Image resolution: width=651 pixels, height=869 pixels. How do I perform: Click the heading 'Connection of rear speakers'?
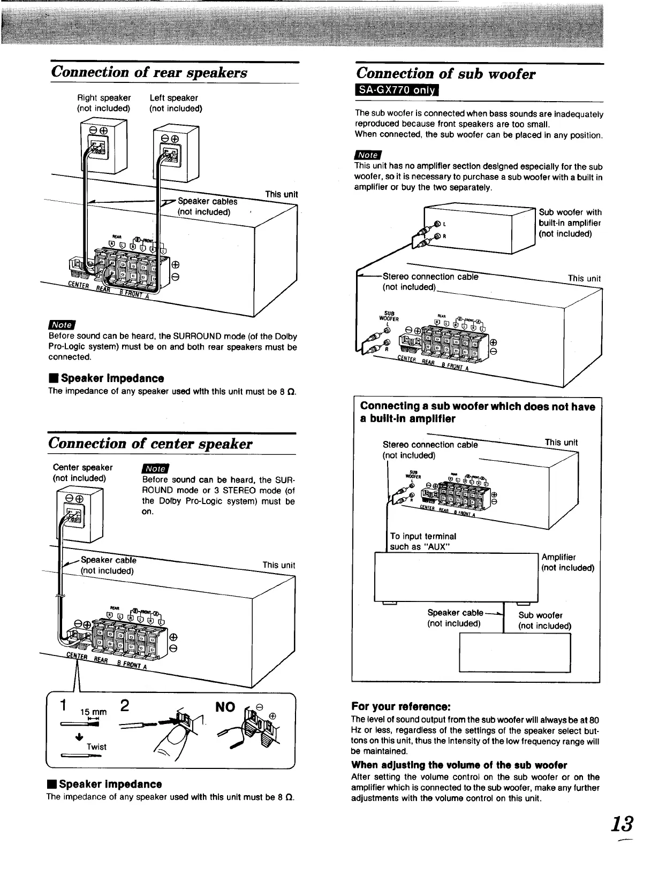(149, 72)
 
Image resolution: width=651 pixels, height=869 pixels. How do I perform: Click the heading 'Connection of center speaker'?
(150, 444)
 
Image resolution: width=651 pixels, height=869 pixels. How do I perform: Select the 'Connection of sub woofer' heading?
(446, 74)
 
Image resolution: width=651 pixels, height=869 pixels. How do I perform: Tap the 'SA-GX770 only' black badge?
(397, 90)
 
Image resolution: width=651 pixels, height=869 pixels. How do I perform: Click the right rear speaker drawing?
(103, 145)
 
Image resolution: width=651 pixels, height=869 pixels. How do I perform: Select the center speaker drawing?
(80, 515)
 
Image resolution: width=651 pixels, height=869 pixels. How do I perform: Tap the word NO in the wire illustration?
(225, 707)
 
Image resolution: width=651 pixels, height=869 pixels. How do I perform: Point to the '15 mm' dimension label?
(93, 712)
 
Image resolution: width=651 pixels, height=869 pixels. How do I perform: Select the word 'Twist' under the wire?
(96, 746)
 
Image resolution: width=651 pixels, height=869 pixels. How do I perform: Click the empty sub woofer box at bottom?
(514, 652)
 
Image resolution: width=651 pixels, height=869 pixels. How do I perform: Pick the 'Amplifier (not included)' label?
(567, 562)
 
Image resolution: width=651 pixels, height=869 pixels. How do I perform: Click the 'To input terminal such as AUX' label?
(423, 541)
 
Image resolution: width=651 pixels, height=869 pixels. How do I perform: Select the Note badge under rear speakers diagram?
(62, 325)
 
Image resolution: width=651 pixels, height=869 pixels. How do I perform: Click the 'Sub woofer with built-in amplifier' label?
(570, 223)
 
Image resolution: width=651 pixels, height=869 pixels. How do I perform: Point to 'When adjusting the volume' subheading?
(459, 765)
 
